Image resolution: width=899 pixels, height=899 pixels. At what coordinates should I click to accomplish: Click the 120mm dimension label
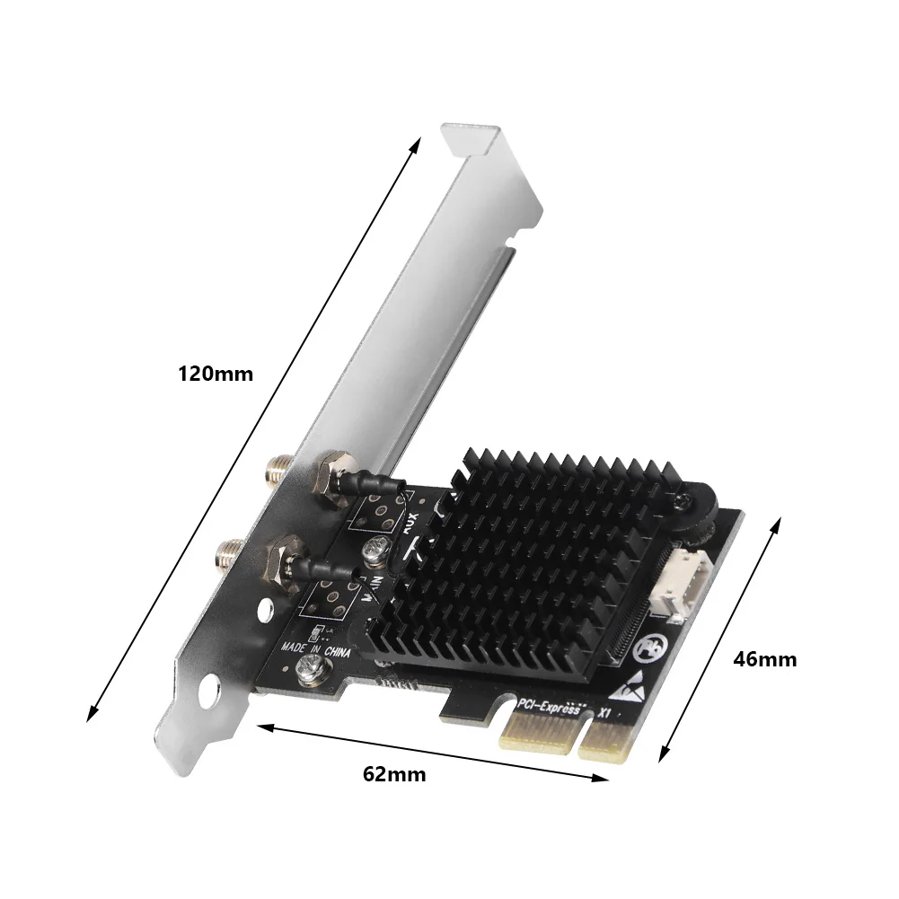point(216,374)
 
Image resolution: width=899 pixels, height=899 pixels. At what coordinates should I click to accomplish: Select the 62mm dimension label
point(394,773)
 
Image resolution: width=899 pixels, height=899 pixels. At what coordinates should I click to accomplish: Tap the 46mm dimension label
point(764,658)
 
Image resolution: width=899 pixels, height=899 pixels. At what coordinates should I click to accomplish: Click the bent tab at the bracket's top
point(473,137)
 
